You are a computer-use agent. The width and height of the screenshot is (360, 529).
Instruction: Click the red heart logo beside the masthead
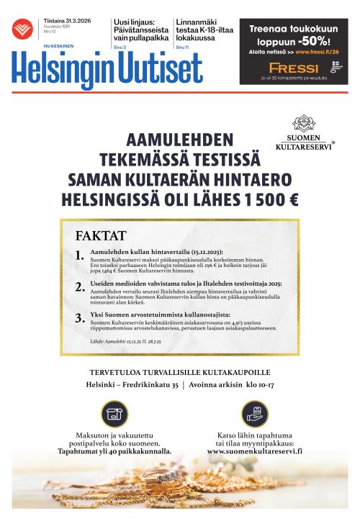click(23, 30)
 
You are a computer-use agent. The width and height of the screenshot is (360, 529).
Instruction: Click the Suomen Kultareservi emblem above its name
click(303, 123)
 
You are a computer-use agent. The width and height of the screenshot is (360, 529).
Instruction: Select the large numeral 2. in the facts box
click(80, 287)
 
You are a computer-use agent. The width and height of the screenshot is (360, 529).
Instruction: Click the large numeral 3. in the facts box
click(80, 317)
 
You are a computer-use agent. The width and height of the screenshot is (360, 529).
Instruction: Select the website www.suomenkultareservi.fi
click(254, 451)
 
